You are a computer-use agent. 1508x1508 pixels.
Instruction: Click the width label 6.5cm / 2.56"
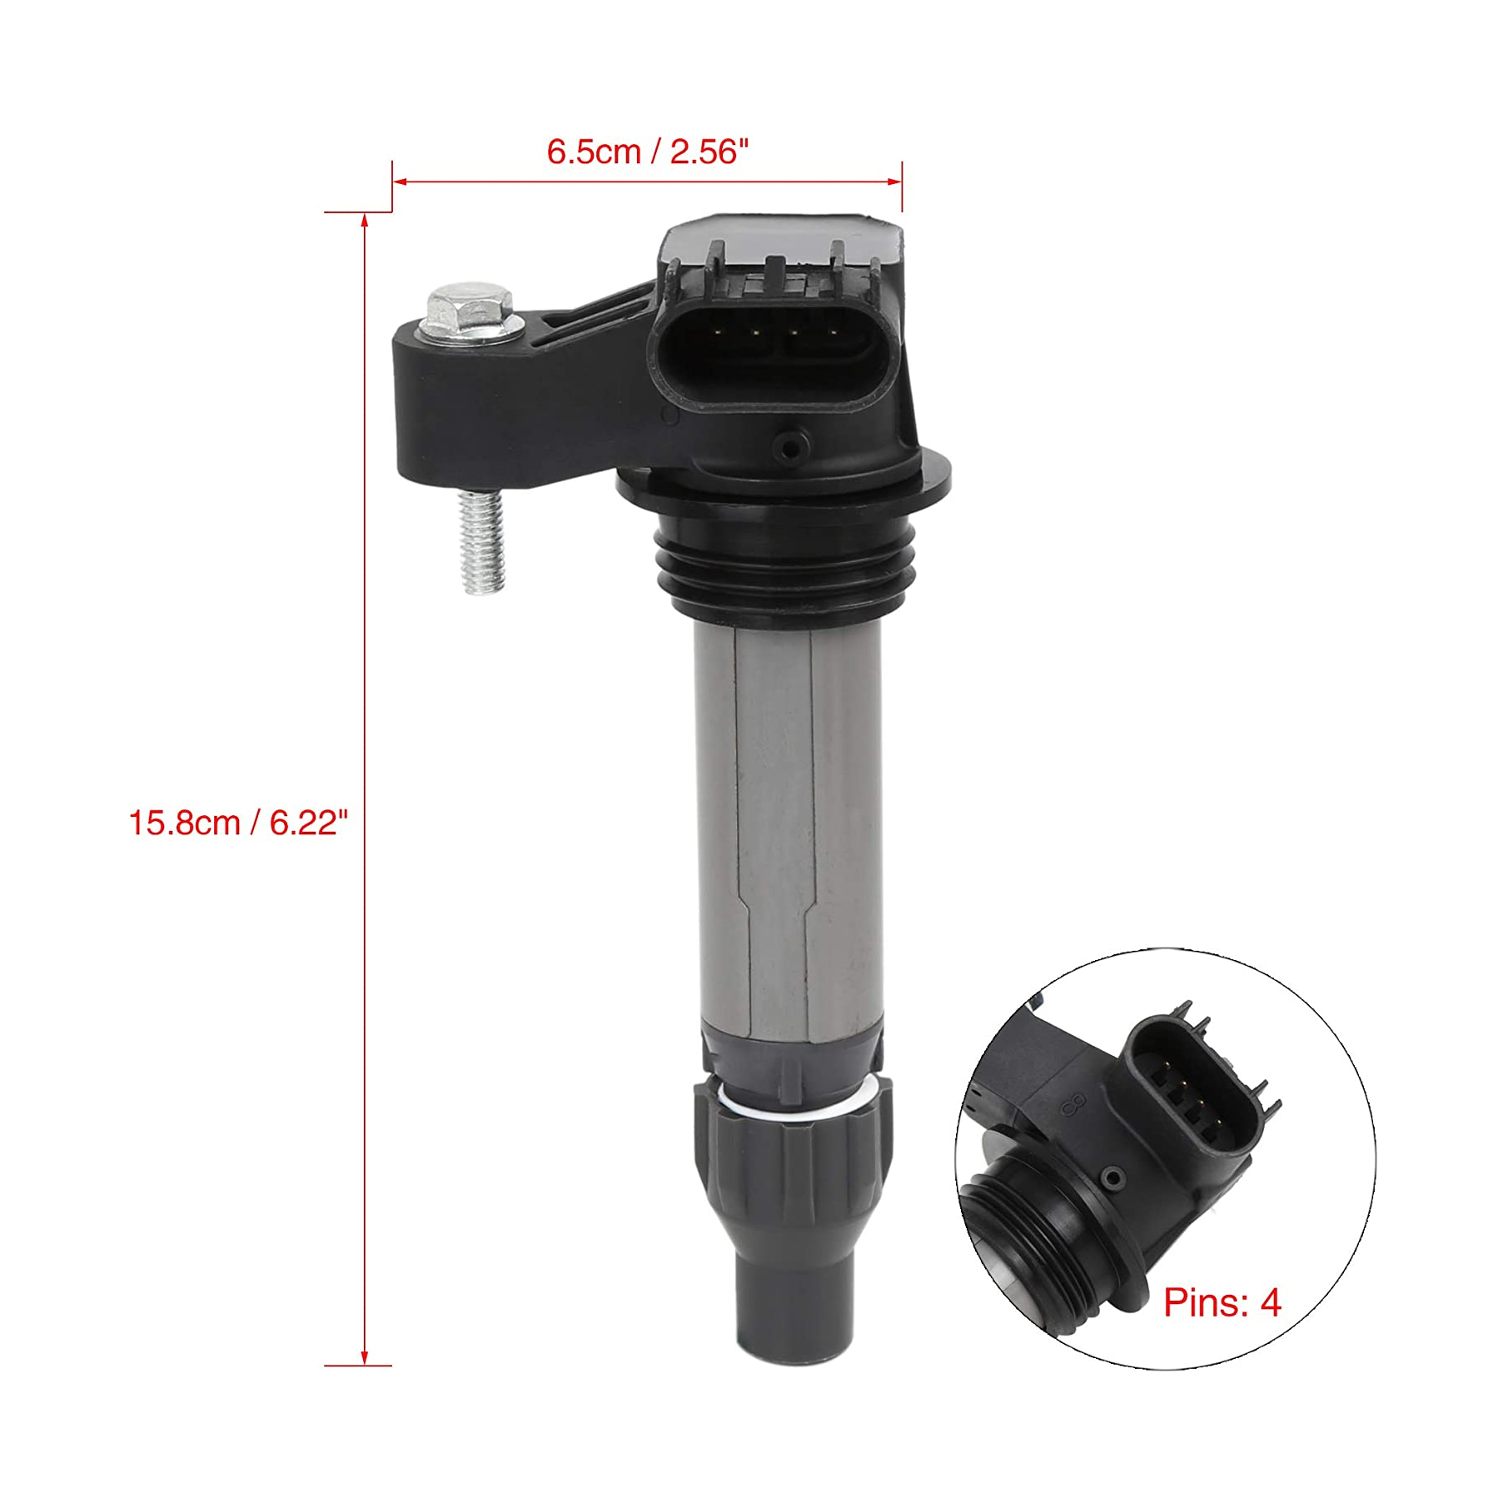647,152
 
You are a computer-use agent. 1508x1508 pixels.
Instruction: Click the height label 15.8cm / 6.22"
237,823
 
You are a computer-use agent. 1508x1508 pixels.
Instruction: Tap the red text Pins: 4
1222,1303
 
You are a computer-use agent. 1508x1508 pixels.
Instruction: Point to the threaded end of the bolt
482,541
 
